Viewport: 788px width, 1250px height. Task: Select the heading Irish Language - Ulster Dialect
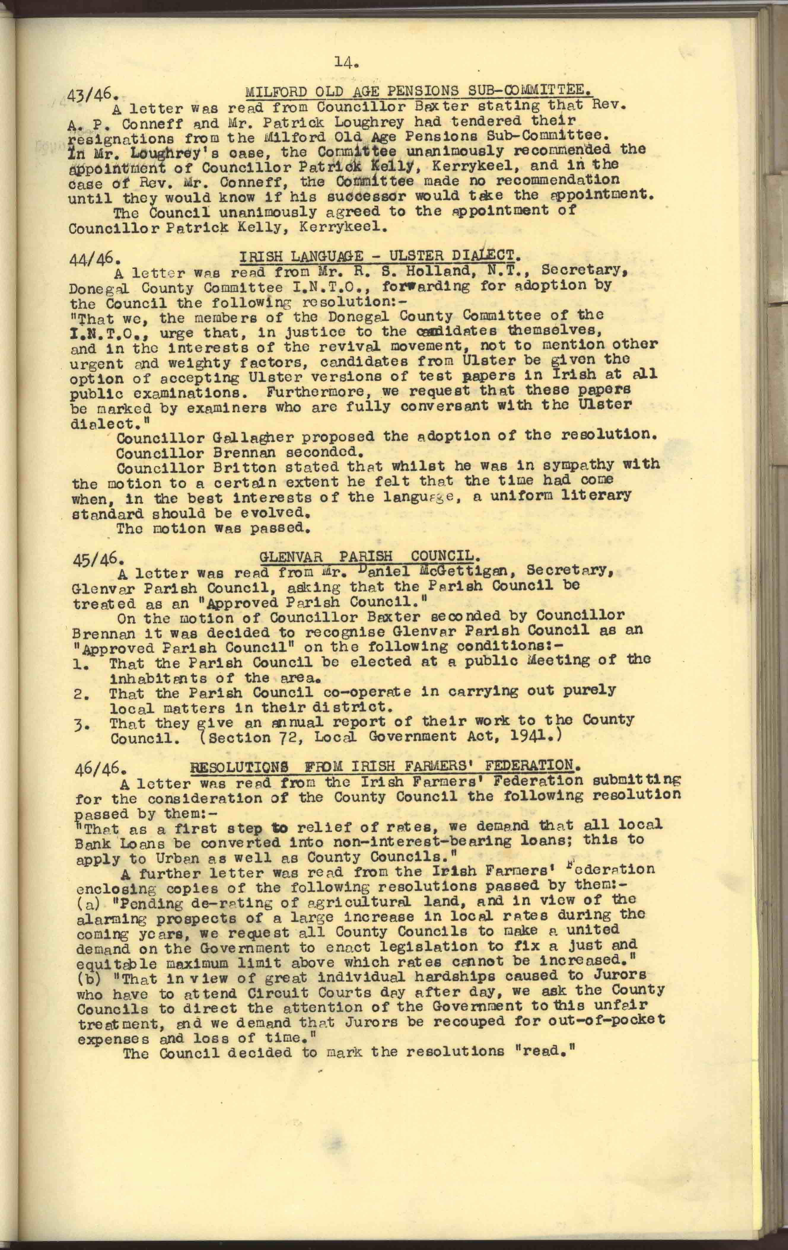coord(379,255)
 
